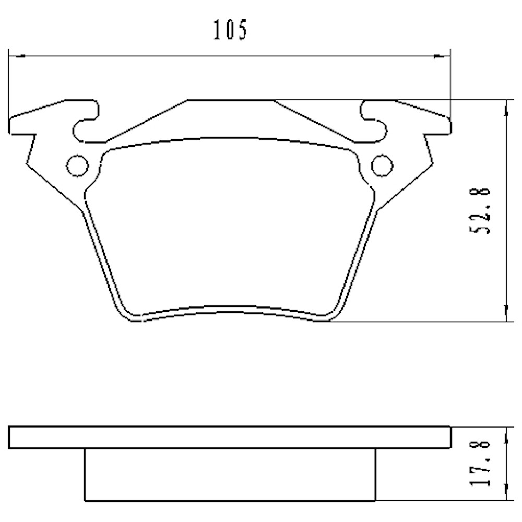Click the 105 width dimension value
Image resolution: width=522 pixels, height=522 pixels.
pos(230,30)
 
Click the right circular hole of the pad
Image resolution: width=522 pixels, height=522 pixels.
pos(382,165)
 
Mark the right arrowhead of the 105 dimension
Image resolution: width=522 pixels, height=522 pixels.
pos(444,54)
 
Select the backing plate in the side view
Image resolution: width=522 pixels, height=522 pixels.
pos(230,437)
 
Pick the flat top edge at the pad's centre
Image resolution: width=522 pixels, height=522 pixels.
pos(230,99)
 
